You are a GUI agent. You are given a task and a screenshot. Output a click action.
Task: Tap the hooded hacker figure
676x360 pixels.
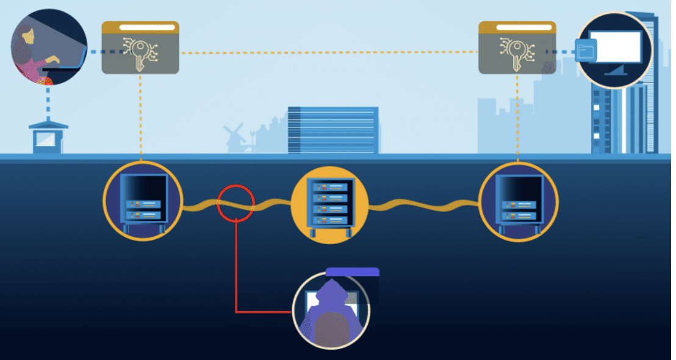pyautogui.click(x=332, y=311)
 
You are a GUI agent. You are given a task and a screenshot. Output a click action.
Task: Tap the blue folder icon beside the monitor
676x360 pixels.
pyautogui.click(x=585, y=51)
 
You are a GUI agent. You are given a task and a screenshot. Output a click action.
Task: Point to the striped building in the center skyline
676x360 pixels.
pyautogui.click(x=333, y=130)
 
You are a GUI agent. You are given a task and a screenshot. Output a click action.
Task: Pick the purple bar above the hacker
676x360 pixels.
pyautogui.click(x=352, y=272)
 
